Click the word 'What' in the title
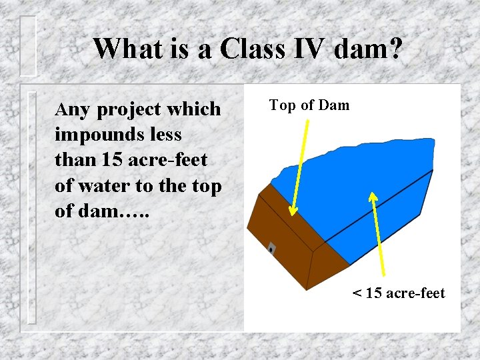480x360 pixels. tap(124, 49)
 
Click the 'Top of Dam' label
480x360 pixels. tap(309, 105)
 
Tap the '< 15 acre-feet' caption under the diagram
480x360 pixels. tap(399, 293)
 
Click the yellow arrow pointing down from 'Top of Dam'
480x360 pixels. tap(300, 167)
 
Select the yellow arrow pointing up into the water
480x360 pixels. tap(378, 233)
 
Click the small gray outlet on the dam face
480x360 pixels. tap(271, 249)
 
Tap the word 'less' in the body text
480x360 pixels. tap(165, 135)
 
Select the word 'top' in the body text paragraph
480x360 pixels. tap(206, 187)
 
